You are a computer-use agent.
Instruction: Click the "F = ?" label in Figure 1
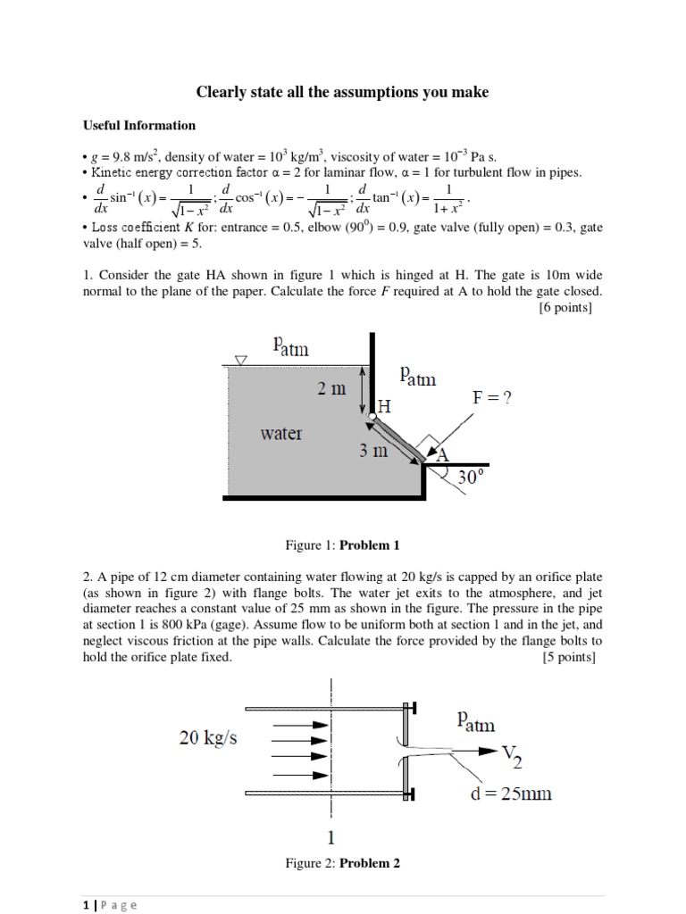point(492,399)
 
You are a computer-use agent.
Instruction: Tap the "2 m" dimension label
point(331,389)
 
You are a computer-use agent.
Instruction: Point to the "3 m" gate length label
point(374,451)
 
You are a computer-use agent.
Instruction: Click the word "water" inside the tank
point(281,434)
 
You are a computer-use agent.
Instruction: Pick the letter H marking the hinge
point(384,407)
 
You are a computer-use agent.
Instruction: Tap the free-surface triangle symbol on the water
point(238,361)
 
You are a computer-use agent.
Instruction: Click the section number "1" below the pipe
point(331,837)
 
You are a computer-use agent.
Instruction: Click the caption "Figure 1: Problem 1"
point(342,544)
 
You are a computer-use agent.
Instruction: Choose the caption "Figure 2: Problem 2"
point(342,863)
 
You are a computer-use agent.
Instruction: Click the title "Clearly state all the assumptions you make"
point(342,93)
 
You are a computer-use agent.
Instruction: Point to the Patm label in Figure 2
point(475,719)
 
